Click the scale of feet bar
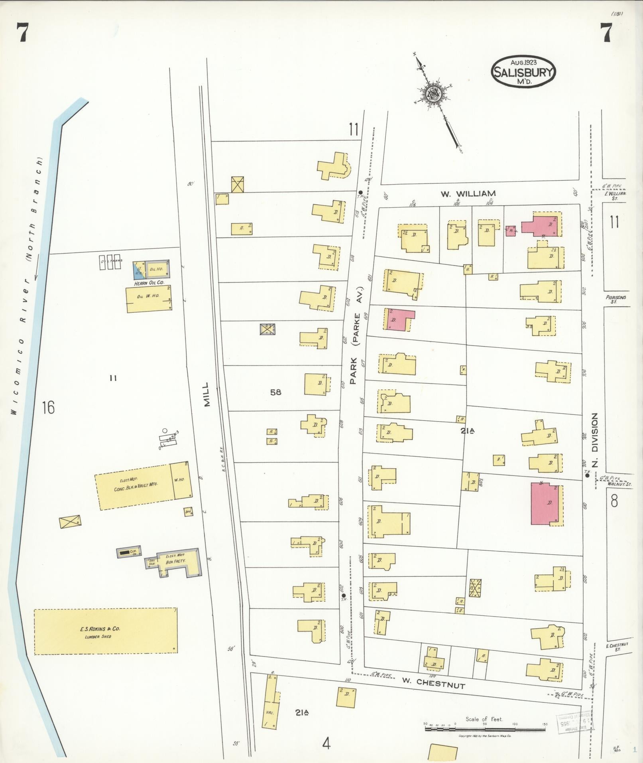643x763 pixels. (x=484, y=729)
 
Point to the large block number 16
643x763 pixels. (x=48, y=408)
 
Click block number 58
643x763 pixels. (x=275, y=392)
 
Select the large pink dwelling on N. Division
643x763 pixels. (x=546, y=503)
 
